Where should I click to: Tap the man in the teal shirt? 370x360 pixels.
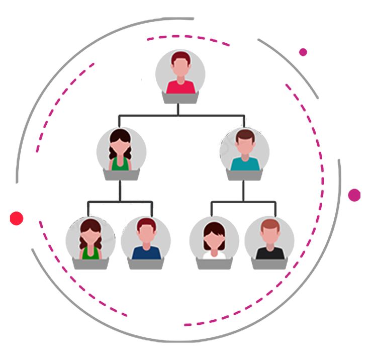click(x=244, y=151)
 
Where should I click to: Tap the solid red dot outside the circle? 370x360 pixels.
click(x=17, y=218)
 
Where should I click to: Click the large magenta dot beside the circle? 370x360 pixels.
click(x=354, y=195)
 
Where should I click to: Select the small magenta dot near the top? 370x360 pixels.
click(x=303, y=52)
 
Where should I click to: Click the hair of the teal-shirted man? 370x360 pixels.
click(x=244, y=135)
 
